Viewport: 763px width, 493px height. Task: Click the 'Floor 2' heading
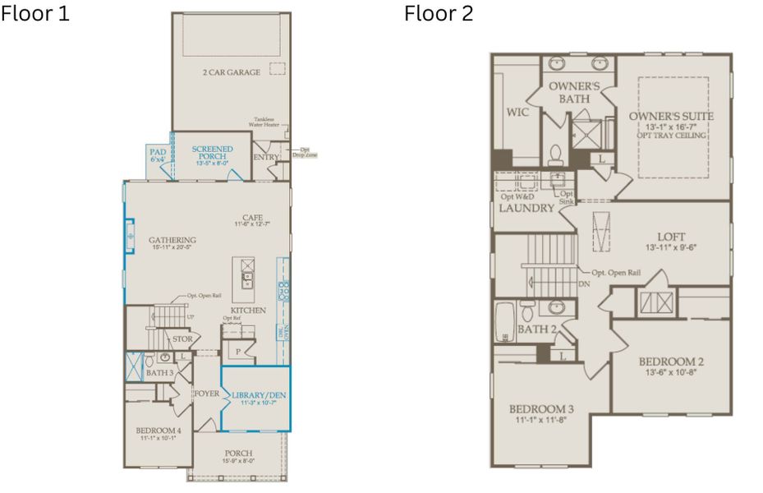(x=439, y=14)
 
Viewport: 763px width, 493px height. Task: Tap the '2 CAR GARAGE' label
(x=231, y=72)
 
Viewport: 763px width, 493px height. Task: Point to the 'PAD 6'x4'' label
(x=158, y=155)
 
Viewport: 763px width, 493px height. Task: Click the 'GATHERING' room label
(x=172, y=241)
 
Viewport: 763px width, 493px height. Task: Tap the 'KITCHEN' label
(x=249, y=311)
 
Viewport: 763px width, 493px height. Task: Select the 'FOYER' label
(x=206, y=394)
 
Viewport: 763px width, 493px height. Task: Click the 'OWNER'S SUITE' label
(x=671, y=117)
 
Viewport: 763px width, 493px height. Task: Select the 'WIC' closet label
(x=517, y=112)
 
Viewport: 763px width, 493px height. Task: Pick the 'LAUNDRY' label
(x=526, y=208)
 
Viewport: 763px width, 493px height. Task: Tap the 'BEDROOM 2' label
(x=671, y=361)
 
